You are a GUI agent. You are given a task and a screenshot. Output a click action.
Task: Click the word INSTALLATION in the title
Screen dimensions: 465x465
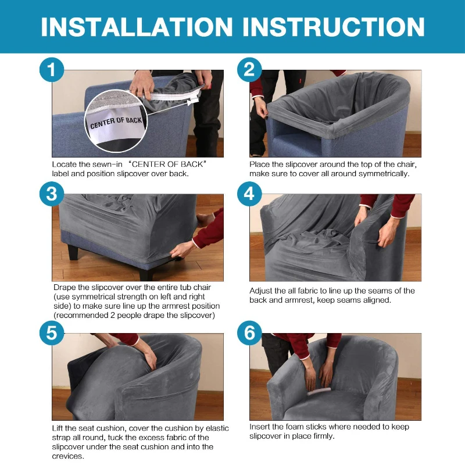coord(137,27)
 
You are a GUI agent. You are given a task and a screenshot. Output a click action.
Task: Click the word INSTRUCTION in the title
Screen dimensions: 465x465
coord(334,27)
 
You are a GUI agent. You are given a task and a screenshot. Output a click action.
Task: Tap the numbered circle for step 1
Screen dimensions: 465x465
coord(52,70)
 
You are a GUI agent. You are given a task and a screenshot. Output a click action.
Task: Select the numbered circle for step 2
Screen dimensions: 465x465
coord(249,70)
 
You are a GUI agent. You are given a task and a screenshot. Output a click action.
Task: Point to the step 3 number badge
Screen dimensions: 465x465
coord(52,194)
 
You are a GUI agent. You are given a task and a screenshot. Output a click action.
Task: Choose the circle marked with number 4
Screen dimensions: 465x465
coord(249,194)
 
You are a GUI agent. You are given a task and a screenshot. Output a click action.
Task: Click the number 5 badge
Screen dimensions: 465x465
coord(52,332)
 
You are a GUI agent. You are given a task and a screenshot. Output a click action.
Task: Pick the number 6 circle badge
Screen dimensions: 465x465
coord(249,332)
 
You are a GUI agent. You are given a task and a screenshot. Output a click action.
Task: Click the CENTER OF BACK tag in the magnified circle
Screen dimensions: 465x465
coord(116,123)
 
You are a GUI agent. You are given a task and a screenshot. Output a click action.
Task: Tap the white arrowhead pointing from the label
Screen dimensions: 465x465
coord(190,103)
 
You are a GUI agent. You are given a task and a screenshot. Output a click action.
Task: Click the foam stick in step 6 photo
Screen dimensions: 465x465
coord(319,391)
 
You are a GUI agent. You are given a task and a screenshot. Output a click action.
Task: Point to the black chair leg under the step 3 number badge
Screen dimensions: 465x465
coord(73,252)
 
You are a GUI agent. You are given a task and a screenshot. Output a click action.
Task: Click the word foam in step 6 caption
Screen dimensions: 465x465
coord(295,427)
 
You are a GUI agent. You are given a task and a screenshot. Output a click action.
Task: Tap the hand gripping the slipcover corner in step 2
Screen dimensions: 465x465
coord(261,107)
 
